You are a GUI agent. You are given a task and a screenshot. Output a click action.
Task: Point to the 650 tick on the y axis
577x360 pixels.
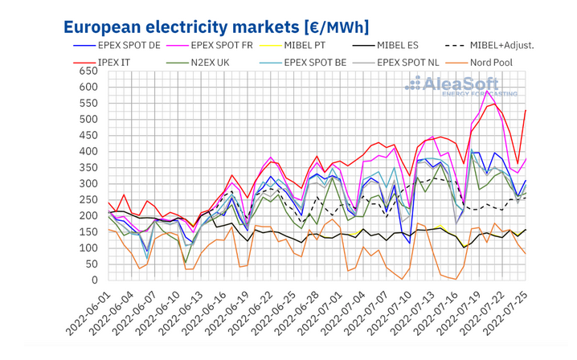tap(86, 71)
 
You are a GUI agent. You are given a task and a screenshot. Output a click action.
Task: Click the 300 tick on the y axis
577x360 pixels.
tap(86, 184)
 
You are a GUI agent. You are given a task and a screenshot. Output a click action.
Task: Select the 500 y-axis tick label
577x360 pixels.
tap(86, 120)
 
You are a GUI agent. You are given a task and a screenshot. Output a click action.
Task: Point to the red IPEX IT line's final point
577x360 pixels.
tap(526, 110)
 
